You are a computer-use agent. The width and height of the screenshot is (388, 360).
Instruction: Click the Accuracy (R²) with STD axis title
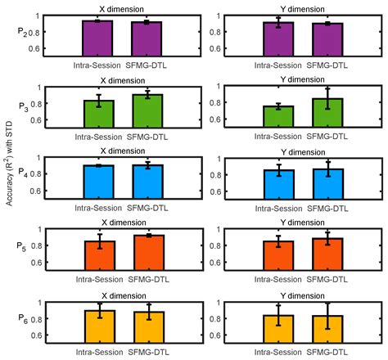[x=9, y=175]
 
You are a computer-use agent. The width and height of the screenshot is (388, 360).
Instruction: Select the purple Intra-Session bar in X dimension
[x=97, y=38]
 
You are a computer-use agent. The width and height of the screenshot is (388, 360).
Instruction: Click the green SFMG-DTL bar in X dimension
[x=147, y=110]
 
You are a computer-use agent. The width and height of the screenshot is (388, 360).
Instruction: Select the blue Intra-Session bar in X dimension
[x=97, y=181]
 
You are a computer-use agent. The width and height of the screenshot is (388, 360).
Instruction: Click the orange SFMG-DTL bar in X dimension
[x=147, y=253]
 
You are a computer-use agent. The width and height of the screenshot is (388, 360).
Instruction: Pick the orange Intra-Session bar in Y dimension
[x=277, y=256]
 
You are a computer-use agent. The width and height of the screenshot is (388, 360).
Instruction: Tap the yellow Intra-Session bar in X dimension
[x=97, y=326]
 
